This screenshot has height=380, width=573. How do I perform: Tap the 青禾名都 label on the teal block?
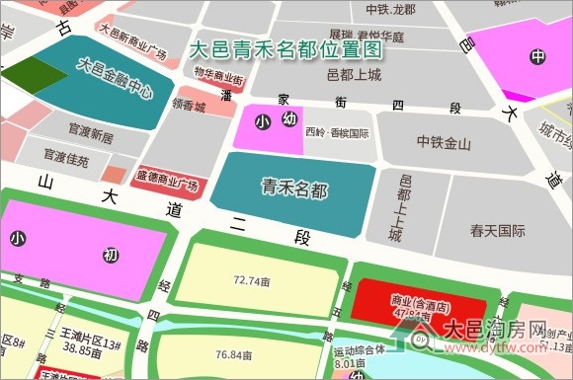[293, 186]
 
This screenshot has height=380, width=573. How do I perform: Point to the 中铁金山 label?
[444, 143]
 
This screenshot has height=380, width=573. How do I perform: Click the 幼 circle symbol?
[289, 119]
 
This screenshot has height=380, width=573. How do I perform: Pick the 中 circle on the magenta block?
[537, 56]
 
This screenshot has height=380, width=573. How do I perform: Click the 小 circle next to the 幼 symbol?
[262, 122]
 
